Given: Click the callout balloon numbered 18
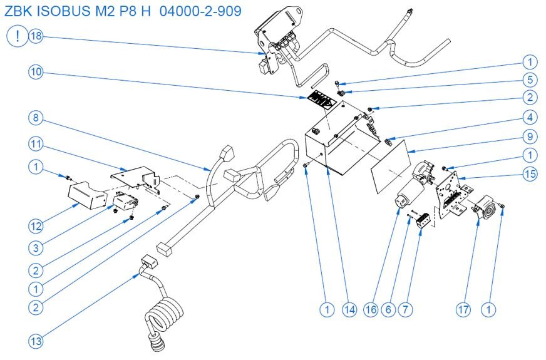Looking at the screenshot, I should pyautogui.click(x=36, y=36).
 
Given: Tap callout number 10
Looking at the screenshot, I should pyautogui.click(x=36, y=72).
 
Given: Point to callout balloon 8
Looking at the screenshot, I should pyautogui.click(x=36, y=117).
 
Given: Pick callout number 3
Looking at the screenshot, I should pyautogui.click(x=36, y=247).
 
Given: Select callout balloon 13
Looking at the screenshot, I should pyautogui.click(x=36, y=341).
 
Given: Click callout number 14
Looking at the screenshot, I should pyautogui.click(x=349, y=309).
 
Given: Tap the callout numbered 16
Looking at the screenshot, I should pyautogui.click(x=373, y=309).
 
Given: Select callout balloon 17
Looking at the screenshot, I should pyautogui.click(x=463, y=309).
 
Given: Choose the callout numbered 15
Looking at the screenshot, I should pyautogui.click(x=530, y=173).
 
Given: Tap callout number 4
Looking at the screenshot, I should pyautogui.click(x=530, y=116).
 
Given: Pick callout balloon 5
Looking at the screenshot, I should pyautogui.click(x=530, y=80).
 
